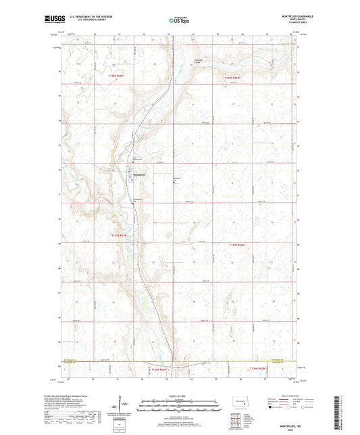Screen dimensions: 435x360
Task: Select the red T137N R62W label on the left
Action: [x=118, y=234]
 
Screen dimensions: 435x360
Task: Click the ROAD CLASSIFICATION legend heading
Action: [x=290, y=397]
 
